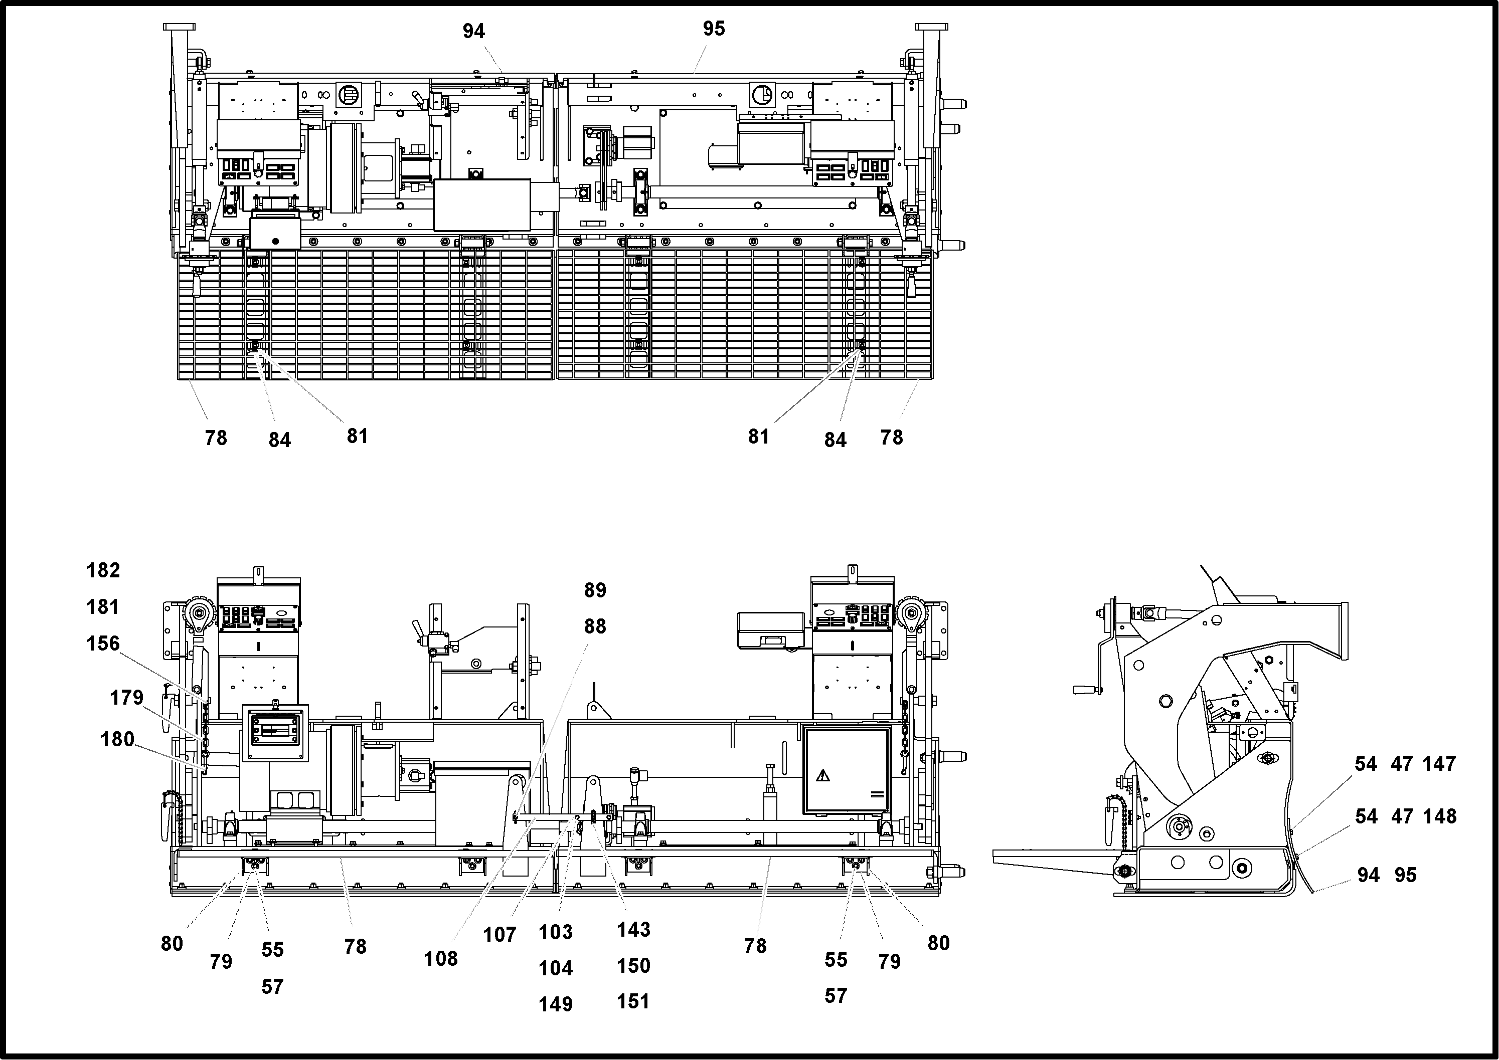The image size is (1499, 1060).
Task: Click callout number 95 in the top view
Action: pyautogui.click(x=714, y=29)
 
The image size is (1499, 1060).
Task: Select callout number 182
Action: pyautogui.click(x=103, y=570)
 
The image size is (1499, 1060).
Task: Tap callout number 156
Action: pyautogui.click(x=103, y=644)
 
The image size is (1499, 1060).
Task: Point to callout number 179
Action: pyautogui.click(x=126, y=698)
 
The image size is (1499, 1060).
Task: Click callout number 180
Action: pyautogui.click(x=117, y=740)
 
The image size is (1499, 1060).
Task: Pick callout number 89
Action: pyautogui.click(x=595, y=590)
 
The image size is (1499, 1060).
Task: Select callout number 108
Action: pyautogui.click(x=441, y=959)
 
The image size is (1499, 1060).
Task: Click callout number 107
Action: pyautogui.click(x=499, y=935)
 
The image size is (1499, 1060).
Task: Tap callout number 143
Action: pyautogui.click(x=633, y=930)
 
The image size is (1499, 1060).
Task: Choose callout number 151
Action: pyautogui.click(x=633, y=1001)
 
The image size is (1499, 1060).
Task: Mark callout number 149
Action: pyautogui.click(x=556, y=1004)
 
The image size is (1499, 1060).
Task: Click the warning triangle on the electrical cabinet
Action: pyautogui.click(x=823, y=775)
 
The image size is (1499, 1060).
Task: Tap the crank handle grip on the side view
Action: pyautogui.click(x=1084, y=689)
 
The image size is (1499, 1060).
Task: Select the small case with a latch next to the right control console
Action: pyautogui.click(x=770, y=630)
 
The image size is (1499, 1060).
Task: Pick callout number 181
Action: pyautogui.click(x=103, y=607)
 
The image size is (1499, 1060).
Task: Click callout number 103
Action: pyautogui.click(x=556, y=932)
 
